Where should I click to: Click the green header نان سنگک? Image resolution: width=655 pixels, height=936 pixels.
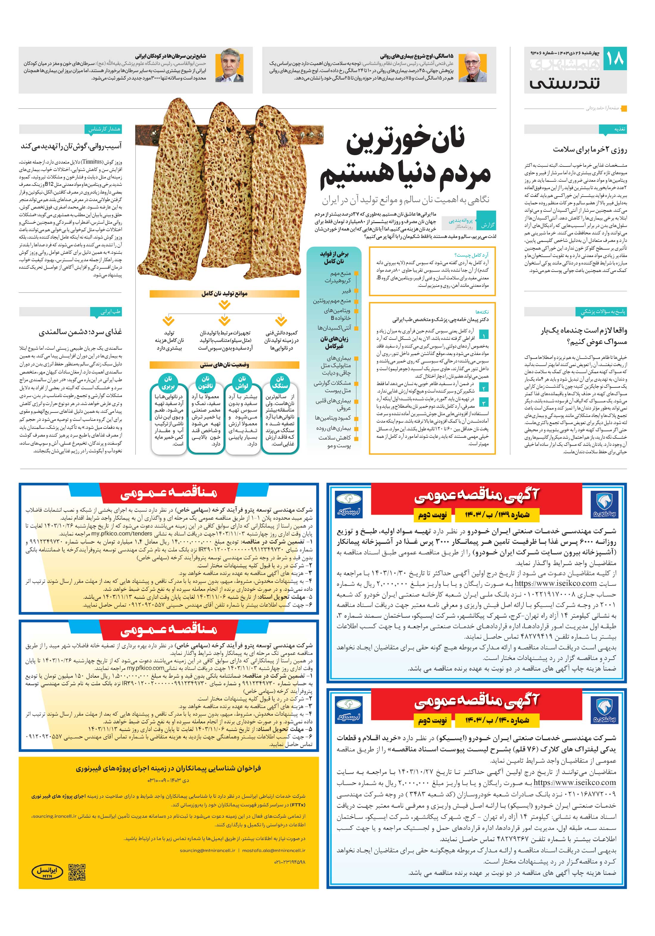pos(279,382)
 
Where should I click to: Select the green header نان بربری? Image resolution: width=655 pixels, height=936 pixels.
pos(168,382)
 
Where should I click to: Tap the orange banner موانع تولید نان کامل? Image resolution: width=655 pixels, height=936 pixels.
pos(224,294)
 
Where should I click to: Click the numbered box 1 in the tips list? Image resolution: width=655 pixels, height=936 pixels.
pos(484,335)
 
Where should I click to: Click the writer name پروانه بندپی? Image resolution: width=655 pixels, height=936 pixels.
pos(459,221)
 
